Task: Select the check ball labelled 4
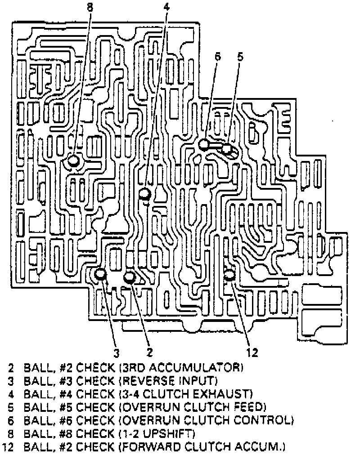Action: pyautogui.click(x=144, y=194)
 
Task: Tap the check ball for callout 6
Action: pyautogui.click(x=204, y=144)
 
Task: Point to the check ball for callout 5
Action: pyautogui.click(x=226, y=148)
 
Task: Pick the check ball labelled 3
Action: pyautogui.click(x=100, y=273)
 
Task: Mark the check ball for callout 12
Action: pyautogui.click(x=229, y=274)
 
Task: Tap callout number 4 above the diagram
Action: pyautogui.click(x=166, y=6)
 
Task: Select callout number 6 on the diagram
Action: pyautogui.click(x=218, y=57)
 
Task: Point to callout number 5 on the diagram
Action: pyautogui.click(x=240, y=57)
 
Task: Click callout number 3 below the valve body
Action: pyautogui.click(x=116, y=352)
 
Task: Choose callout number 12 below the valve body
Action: pyautogui.click(x=252, y=352)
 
